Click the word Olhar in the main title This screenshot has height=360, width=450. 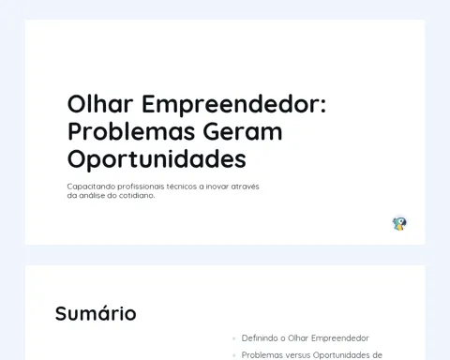(x=100, y=104)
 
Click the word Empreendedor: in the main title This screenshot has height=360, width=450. (x=234, y=104)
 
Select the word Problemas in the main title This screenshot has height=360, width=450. (x=130, y=131)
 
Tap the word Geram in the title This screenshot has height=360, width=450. (x=243, y=131)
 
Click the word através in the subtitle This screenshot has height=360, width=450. (x=245, y=187)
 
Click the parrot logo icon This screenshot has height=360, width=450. (x=399, y=224)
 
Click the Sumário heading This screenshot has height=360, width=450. (x=96, y=313)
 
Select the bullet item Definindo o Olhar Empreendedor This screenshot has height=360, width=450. (x=306, y=338)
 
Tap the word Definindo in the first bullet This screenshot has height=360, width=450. (x=260, y=338)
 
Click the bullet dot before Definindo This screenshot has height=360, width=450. (x=233, y=338)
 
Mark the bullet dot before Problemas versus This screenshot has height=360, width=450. (x=233, y=355)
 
